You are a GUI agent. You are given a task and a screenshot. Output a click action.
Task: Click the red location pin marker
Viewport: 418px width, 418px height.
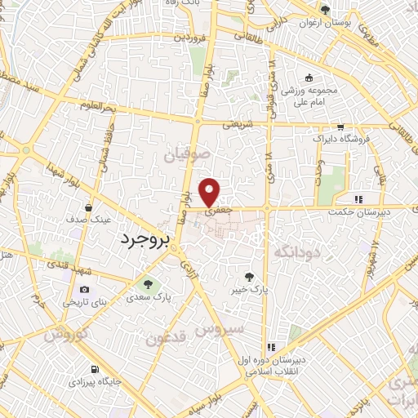coord(211,192)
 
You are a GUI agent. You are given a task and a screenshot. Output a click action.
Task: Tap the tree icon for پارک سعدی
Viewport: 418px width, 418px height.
coord(149,284)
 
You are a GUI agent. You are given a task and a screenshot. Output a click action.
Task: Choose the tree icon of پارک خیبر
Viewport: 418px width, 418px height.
coord(260,278)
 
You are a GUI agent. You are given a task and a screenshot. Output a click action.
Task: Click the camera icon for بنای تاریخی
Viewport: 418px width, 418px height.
coord(84,290)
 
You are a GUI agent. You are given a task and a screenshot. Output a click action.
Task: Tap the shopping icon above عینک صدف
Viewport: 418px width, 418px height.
coord(87,207)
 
